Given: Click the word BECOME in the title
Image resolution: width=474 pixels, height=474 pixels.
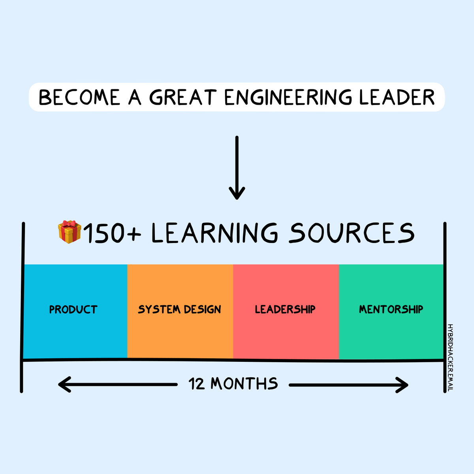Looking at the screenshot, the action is pyautogui.click(x=79, y=98).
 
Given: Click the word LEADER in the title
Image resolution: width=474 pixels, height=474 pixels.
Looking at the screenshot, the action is pyautogui.click(x=397, y=98).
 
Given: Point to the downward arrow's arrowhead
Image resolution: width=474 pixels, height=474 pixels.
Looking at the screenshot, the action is pyautogui.click(x=237, y=194).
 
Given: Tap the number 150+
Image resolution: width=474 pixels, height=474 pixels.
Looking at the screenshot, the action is pyautogui.click(x=112, y=233).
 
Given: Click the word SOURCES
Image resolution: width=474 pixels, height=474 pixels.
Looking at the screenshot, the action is pyautogui.click(x=351, y=233).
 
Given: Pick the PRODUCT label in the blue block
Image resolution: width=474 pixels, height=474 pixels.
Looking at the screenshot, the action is pyautogui.click(x=73, y=309).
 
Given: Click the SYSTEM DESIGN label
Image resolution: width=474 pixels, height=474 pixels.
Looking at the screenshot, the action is pyautogui.click(x=179, y=309).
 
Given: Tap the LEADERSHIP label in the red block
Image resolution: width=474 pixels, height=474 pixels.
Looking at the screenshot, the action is pyautogui.click(x=285, y=309).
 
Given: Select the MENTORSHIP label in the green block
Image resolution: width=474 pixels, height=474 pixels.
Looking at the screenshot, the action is pyautogui.click(x=391, y=309).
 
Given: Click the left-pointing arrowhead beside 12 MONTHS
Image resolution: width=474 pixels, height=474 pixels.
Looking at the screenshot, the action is pyautogui.click(x=64, y=384).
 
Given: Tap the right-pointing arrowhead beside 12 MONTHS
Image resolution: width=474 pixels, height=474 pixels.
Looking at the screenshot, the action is pyautogui.click(x=402, y=385).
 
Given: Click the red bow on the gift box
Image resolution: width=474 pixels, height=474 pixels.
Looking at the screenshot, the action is pyautogui.click(x=70, y=224).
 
